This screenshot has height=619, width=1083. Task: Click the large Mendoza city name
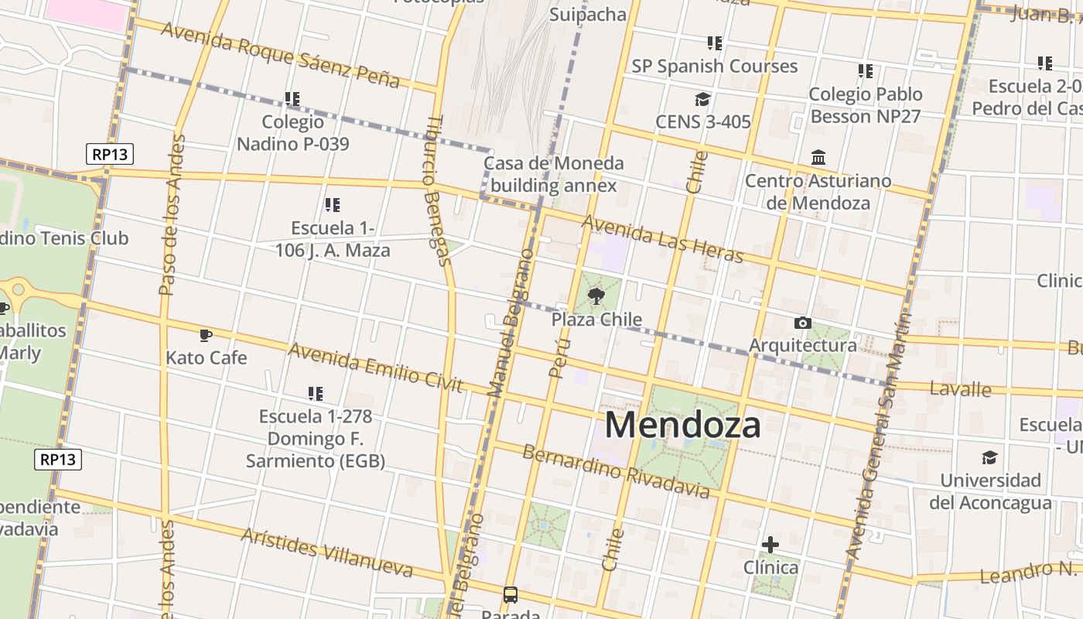(x=682, y=425)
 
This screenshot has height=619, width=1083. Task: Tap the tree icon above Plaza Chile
(x=596, y=296)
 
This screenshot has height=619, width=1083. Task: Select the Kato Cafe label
(x=207, y=357)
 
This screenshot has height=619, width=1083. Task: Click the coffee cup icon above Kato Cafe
(x=205, y=335)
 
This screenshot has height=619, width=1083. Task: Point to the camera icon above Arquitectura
(x=803, y=323)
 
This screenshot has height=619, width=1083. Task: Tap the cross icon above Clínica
(x=770, y=545)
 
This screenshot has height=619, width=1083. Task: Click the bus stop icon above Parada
(x=511, y=595)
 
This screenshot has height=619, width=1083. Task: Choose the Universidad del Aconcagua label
(x=990, y=491)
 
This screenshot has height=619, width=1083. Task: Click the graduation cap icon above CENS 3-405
(x=702, y=100)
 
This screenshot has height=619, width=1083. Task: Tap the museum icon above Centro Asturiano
(x=818, y=158)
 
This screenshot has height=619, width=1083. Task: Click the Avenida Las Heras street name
(x=661, y=238)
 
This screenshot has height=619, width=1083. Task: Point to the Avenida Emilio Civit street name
(x=375, y=366)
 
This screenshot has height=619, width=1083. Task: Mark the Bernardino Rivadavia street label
(x=616, y=470)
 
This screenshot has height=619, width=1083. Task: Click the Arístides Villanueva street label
(x=326, y=552)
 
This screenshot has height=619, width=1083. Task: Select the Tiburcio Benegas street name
(x=438, y=190)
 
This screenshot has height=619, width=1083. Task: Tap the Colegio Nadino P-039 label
(x=292, y=132)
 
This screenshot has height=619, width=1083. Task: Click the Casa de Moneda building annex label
(x=553, y=174)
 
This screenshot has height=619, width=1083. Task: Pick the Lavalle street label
(x=960, y=388)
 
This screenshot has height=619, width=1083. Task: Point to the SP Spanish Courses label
(x=714, y=67)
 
